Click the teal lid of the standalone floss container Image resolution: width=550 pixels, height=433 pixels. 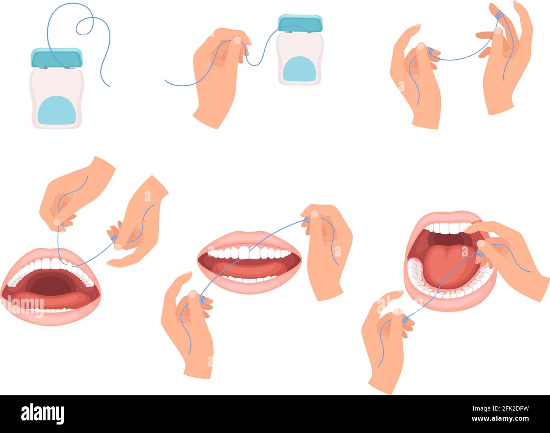coord(56,58)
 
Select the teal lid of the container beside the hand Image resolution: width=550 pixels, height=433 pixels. coord(301,24)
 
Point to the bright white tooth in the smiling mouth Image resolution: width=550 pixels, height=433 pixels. coord(244,252)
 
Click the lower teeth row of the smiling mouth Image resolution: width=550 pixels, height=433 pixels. coord(250,279)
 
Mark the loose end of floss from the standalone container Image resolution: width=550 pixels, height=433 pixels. coord(108,85)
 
